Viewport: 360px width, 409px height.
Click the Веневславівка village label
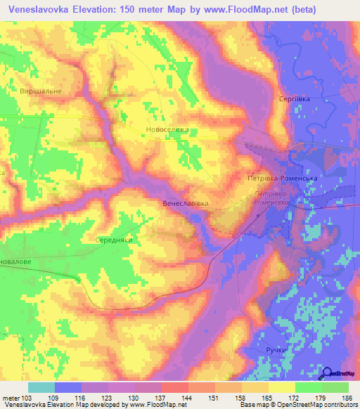[186, 204]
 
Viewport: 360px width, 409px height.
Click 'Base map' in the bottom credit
[250, 405]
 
